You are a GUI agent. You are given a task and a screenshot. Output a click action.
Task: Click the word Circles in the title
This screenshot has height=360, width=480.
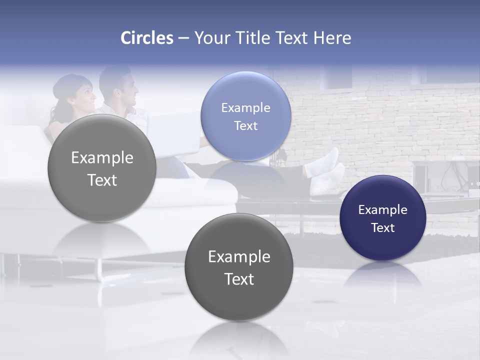147,38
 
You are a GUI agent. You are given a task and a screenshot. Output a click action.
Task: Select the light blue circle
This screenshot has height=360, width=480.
245,116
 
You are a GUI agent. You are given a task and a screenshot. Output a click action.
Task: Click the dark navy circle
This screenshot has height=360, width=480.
383,218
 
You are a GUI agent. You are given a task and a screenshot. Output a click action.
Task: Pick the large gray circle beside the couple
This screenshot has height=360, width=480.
102,168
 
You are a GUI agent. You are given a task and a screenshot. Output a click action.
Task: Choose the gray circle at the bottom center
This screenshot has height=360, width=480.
239,267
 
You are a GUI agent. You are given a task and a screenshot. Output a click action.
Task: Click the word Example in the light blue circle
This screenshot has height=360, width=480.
245,107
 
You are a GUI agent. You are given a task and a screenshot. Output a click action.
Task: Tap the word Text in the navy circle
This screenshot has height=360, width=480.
383,228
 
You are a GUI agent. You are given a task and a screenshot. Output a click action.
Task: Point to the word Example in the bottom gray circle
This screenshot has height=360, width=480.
239,256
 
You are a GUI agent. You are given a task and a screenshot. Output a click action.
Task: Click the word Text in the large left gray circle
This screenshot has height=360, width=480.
102,180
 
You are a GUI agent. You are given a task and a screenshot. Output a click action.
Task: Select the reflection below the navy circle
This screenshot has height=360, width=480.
383,275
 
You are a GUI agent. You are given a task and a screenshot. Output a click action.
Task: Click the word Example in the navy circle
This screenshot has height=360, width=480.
383,210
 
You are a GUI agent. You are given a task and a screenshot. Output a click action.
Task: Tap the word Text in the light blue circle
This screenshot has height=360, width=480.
245,125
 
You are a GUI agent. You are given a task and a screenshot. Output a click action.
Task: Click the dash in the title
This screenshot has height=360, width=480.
183,38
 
